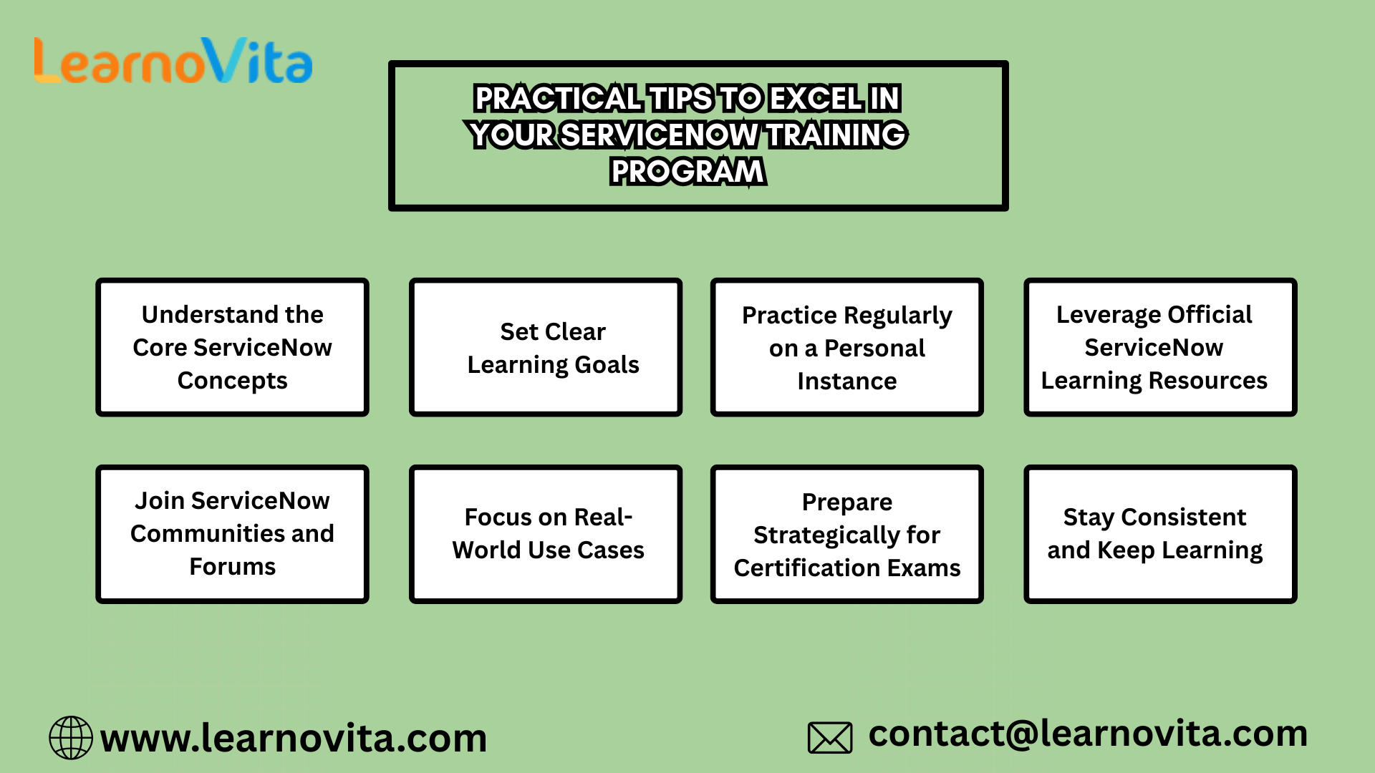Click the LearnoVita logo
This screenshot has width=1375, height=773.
(x=173, y=62)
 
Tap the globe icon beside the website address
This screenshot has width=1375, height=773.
(x=71, y=737)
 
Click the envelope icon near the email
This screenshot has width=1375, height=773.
(x=830, y=737)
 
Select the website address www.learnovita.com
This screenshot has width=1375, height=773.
(x=294, y=738)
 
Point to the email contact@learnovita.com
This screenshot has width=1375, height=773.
(x=1088, y=734)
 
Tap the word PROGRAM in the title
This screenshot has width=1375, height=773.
(x=687, y=172)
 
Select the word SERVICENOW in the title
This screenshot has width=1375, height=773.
(x=659, y=135)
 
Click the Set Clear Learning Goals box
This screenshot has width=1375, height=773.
(x=546, y=347)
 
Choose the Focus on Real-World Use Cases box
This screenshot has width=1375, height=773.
(x=546, y=534)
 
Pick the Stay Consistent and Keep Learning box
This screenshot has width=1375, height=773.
(x=1160, y=534)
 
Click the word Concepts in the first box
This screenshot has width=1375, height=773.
(x=232, y=381)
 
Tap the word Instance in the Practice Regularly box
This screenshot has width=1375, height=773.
(x=846, y=381)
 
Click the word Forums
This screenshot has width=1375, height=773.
(x=232, y=567)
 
